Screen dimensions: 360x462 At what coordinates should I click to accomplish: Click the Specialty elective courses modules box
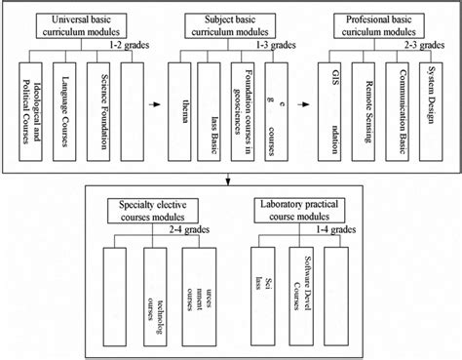[159, 212]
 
